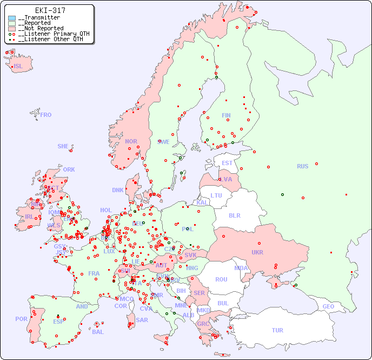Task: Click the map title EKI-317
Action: pos(50,10)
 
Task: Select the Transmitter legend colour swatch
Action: pos(12,18)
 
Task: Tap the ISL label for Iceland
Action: pos(18,67)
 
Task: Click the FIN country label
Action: pos(226,115)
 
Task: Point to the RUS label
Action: pos(302,166)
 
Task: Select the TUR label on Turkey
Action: pos(277,330)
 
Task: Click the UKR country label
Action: pos(257,252)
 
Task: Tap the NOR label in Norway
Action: pos(131,141)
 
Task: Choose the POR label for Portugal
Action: pos(21,319)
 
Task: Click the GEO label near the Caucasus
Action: pos(328,306)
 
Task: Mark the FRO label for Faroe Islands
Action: pos(46,115)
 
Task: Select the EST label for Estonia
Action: pos(227,163)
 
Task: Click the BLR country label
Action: pos(235,215)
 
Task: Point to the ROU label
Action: pos(221,279)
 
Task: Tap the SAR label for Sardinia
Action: pos(142,320)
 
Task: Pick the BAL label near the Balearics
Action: pos(97,332)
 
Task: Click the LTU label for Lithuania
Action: pos(216,195)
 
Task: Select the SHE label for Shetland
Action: pos(63,146)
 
